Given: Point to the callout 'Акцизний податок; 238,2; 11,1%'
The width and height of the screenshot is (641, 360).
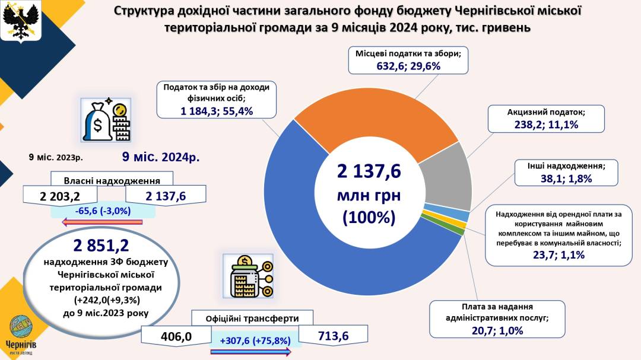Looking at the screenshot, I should (x=546, y=119).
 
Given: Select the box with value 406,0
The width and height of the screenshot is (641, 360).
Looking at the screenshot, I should (x=176, y=337).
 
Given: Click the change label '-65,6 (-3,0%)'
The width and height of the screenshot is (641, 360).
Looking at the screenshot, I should (x=103, y=211).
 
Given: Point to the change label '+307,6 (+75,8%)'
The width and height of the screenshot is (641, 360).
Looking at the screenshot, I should (x=255, y=341).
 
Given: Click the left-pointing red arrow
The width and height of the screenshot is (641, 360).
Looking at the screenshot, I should (x=103, y=222).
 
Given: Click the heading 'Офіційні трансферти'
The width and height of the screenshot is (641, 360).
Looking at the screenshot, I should (x=252, y=318).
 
